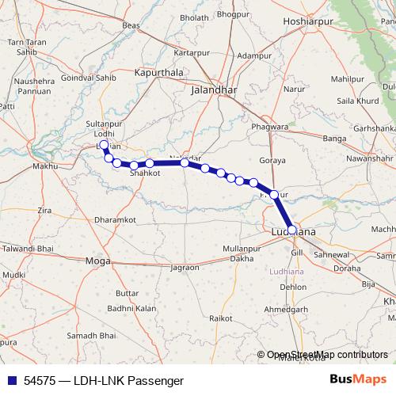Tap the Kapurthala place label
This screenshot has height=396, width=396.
[x=159, y=72]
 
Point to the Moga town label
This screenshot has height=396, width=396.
[x=97, y=261]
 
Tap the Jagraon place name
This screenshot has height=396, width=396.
[x=184, y=268]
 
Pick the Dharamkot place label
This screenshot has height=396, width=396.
[x=115, y=219]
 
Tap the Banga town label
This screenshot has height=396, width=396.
[x=335, y=139]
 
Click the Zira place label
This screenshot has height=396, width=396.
[x=44, y=211]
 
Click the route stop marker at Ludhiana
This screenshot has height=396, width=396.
[x=292, y=230]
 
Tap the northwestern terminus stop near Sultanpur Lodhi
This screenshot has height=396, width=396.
[x=105, y=146]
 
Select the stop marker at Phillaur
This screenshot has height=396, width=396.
[x=274, y=194]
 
